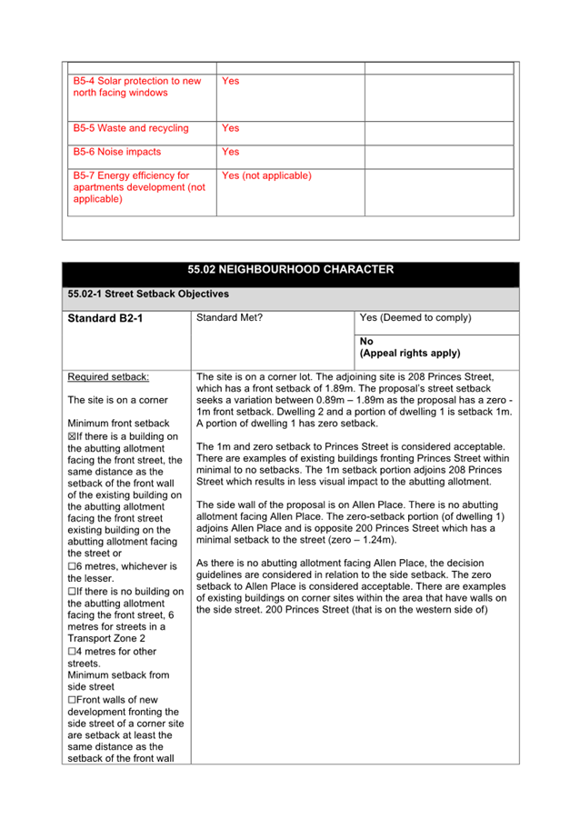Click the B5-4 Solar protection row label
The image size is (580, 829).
[136, 87]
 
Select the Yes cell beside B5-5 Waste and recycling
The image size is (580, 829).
[231, 128]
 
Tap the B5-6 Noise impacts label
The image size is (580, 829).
[117, 152]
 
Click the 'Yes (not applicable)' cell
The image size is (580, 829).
[266, 175]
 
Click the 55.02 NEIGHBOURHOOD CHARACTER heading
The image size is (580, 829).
[290, 270]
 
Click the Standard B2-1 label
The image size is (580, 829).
[105, 319]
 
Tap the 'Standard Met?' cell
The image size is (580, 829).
[229, 318]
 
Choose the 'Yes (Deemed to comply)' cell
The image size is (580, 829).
[415, 318]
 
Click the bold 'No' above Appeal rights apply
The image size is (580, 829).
[366, 342]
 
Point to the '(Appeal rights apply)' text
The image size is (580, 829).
[410, 353]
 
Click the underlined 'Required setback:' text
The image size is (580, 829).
[108, 376]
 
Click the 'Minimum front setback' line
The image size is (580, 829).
[118, 424]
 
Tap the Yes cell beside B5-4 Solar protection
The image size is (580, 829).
[231, 81]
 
